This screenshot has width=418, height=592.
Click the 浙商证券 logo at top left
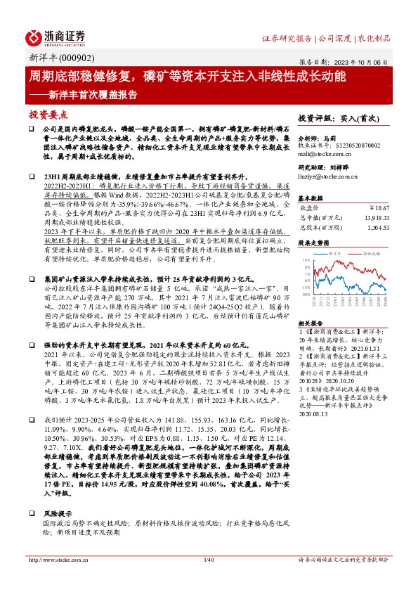(55, 37)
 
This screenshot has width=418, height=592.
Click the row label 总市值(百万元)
(325, 218)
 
